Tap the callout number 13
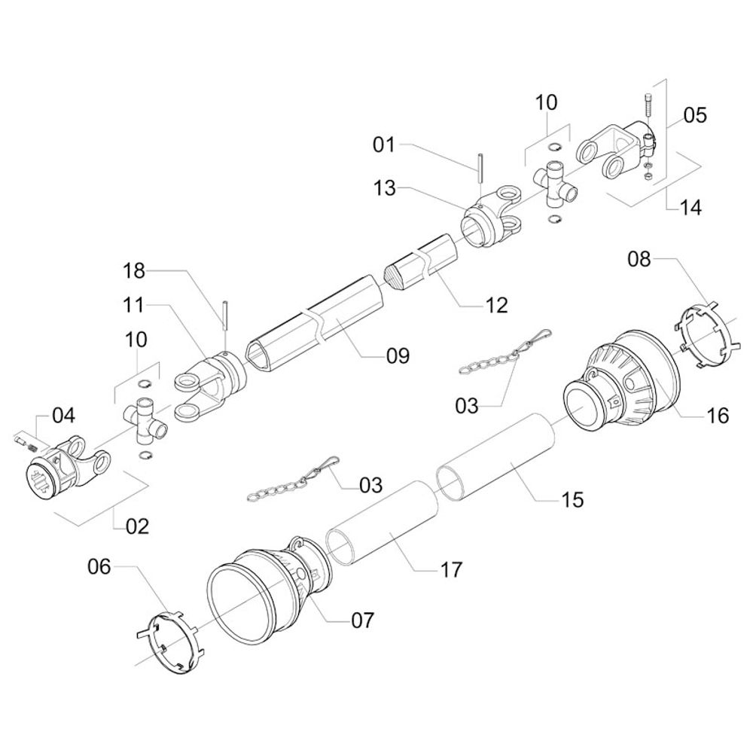[384, 188]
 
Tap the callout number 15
[572, 499]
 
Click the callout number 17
[451, 569]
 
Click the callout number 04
[63, 415]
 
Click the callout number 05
[695, 115]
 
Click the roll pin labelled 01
[480, 167]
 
